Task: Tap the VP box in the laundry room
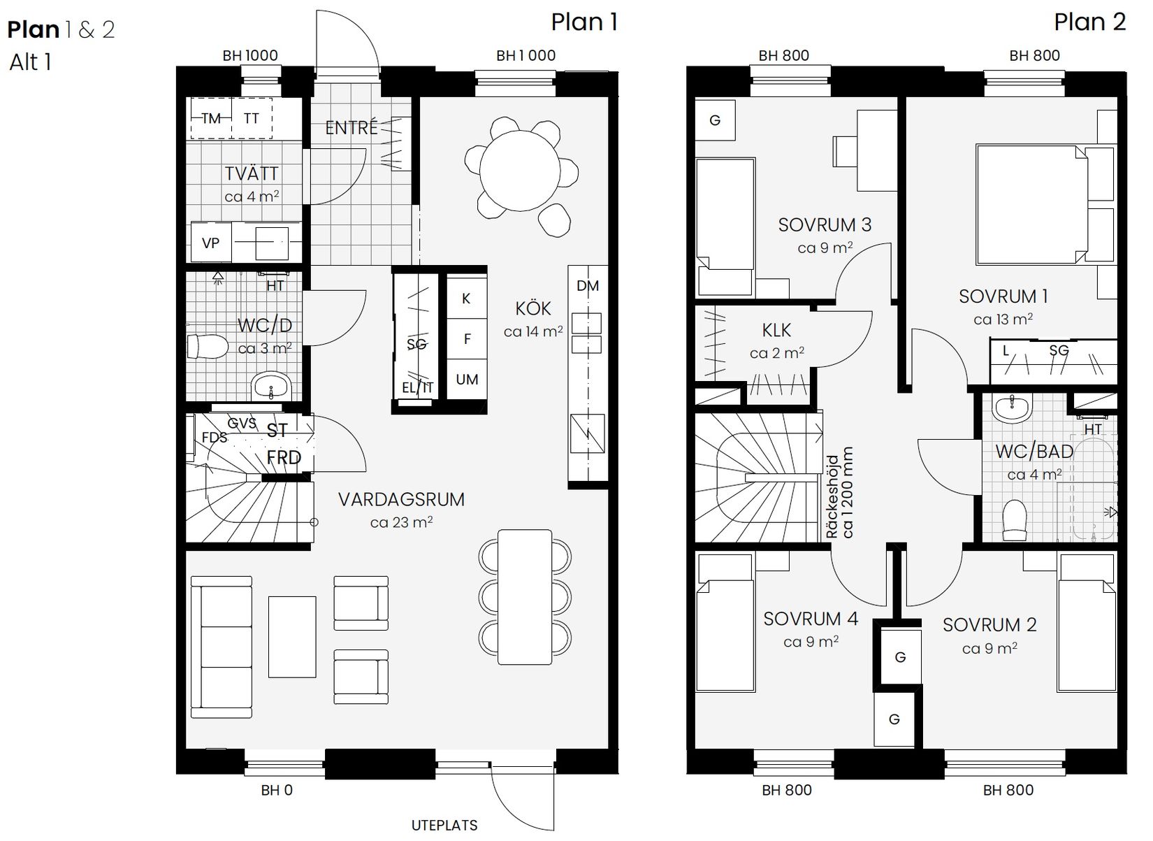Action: point(210,243)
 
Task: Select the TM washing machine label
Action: point(211,118)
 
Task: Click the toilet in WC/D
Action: point(208,346)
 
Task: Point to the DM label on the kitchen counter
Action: point(588,285)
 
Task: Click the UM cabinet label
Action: point(467,380)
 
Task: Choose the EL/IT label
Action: point(418,387)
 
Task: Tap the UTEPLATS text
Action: point(444,825)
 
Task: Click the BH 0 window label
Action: point(277,791)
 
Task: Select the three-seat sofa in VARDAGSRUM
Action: point(222,647)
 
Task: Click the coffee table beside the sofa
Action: point(292,636)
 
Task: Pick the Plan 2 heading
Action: point(1089,22)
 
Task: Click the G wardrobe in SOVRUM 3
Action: point(714,120)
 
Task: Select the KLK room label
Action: point(776,330)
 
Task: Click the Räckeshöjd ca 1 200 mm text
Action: point(840,493)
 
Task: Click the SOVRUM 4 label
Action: point(811,619)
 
